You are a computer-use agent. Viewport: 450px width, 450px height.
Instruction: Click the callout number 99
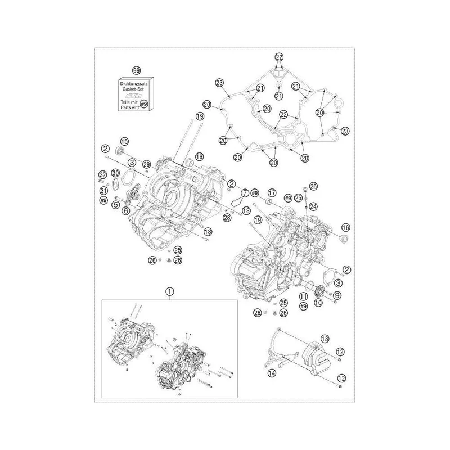137,70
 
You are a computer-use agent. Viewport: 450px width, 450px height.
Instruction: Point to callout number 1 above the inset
170,291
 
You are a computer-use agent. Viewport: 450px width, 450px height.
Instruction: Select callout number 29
147,164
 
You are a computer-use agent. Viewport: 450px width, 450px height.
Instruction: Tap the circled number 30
115,173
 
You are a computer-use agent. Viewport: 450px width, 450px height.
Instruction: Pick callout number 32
103,174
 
